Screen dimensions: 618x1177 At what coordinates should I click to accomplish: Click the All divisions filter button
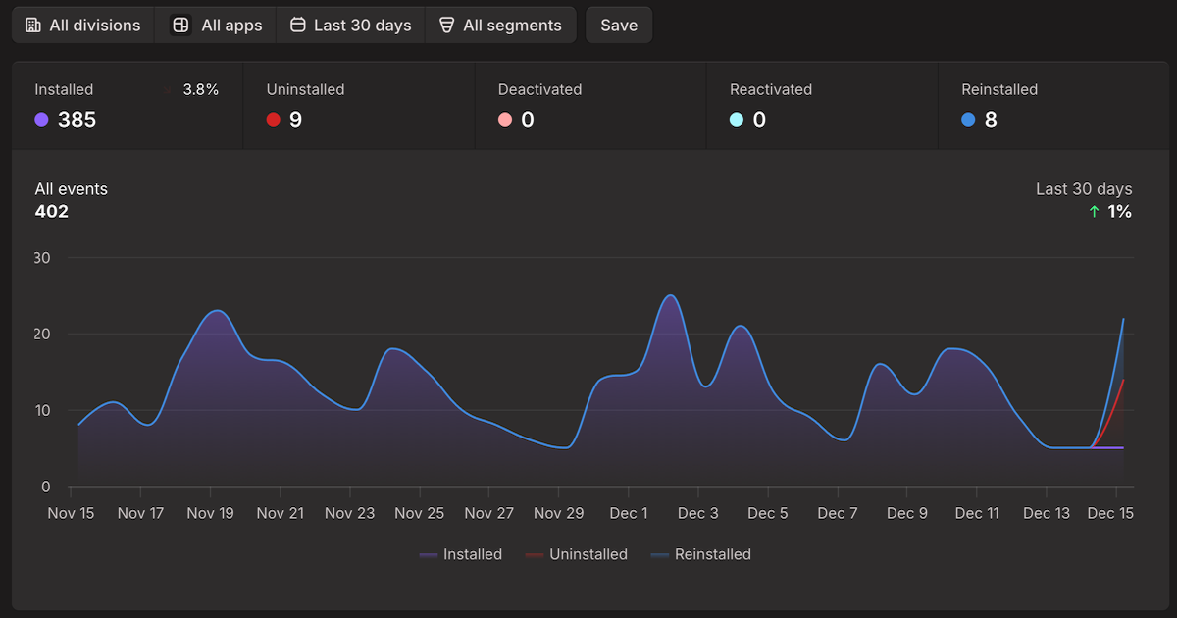pos(83,26)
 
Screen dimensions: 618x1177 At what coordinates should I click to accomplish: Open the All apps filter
pos(217,26)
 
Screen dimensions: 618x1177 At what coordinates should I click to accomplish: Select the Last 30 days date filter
pos(350,26)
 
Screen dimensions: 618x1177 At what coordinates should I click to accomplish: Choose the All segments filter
pos(500,26)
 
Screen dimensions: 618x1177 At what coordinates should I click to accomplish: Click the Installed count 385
pos(77,120)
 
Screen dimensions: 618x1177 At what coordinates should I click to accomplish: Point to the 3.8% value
pos(200,89)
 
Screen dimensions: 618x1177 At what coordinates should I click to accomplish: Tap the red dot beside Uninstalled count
pos(273,120)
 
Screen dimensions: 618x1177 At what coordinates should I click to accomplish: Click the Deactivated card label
pos(539,89)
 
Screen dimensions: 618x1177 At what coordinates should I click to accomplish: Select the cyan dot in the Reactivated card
pos(737,120)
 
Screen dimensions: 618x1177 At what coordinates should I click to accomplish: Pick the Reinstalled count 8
pos(991,120)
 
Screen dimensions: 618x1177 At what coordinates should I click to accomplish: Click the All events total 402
pos(52,211)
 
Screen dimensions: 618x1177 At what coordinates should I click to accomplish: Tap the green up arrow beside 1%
pos(1095,212)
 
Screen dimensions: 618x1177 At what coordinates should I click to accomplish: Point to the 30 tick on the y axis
pos(43,258)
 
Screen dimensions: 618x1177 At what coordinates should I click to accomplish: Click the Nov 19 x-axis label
pos(210,513)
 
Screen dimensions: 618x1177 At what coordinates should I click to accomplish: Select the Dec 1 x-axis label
pos(628,513)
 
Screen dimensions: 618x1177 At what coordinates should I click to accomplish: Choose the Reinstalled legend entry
pos(701,554)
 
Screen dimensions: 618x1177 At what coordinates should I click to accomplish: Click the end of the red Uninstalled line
pos(1123,380)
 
